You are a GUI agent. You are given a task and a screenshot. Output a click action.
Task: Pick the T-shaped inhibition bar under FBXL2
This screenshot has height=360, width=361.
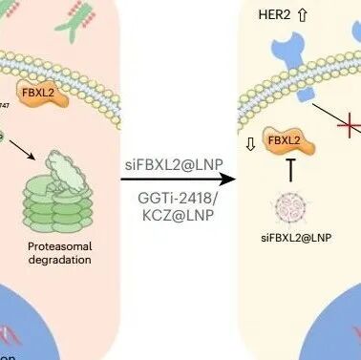(x=289, y=169)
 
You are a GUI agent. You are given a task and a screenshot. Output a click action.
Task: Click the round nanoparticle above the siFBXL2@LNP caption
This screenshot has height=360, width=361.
(x=288, y=204)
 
